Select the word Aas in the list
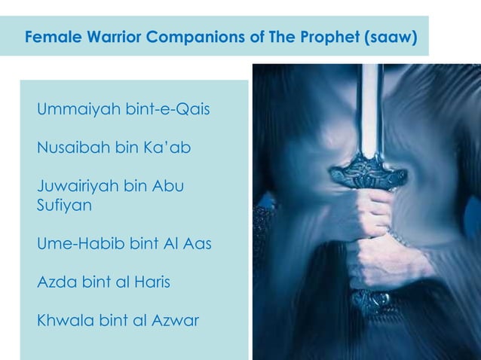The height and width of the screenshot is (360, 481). click(x=197, y=244)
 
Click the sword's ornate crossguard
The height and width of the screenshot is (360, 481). click(x=366, y=173)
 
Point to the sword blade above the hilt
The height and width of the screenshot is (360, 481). click(x=369, y=105)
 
